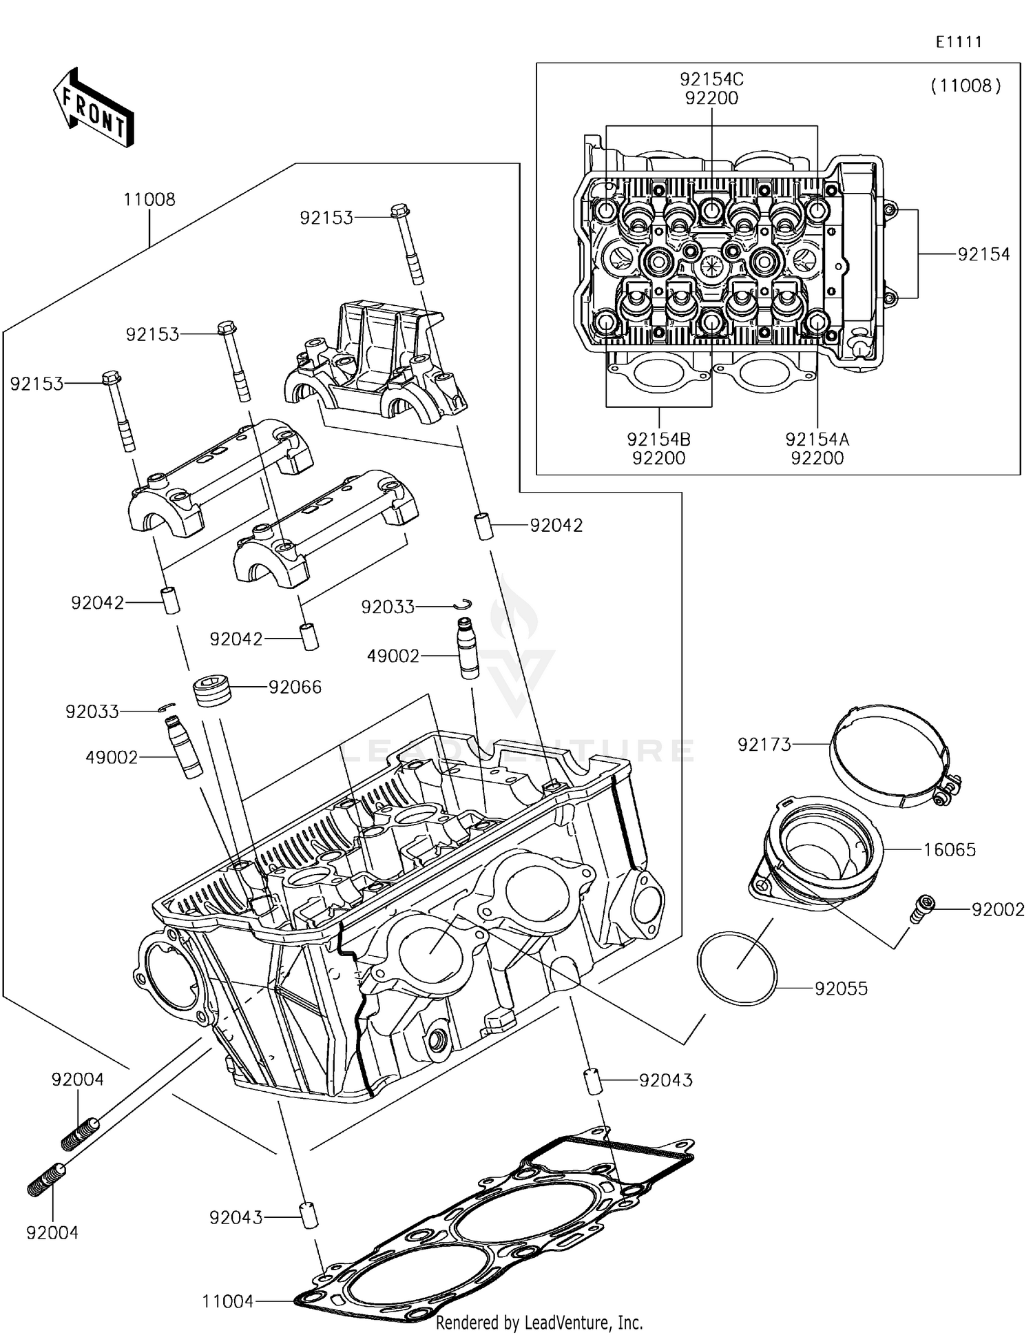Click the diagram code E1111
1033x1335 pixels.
point(959,42)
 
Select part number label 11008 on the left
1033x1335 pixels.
point(149,200)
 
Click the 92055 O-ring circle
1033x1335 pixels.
point(737,969)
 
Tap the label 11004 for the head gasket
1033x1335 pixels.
point(228,1301)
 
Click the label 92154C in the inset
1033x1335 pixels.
point(711,79)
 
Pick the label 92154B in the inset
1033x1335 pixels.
point(658,439)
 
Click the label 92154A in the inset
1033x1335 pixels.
point(817,439)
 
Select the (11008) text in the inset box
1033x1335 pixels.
point(966,86)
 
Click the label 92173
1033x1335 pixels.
point(764,745)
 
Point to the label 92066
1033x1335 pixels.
point(295,687)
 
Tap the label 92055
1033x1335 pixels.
point(841,989)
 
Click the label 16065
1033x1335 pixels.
point(949,849)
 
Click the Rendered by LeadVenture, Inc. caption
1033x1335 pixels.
point(539,1322)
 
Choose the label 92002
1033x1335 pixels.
point(998,909)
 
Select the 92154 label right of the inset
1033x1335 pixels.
point(983,254)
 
